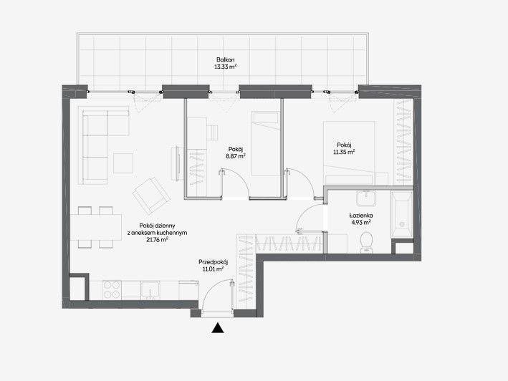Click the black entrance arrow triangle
[218, 328]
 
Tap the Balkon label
[226, 59]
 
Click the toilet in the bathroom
[366, 241]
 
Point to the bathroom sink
[366, 198]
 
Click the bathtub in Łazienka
[402, 215]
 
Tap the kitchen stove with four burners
[112, 290]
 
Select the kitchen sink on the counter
[150, 290]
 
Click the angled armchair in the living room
[151, 196]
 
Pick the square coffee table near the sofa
[123, 163]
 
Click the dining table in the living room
[96, 227]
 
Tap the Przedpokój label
[214, 262]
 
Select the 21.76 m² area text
[157, 239]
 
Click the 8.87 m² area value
[236, 156]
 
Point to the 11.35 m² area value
[344, 152]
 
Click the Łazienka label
[361, 216]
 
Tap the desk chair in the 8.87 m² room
[213, 132]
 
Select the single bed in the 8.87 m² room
[265, 143]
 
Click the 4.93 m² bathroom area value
[361, 223]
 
